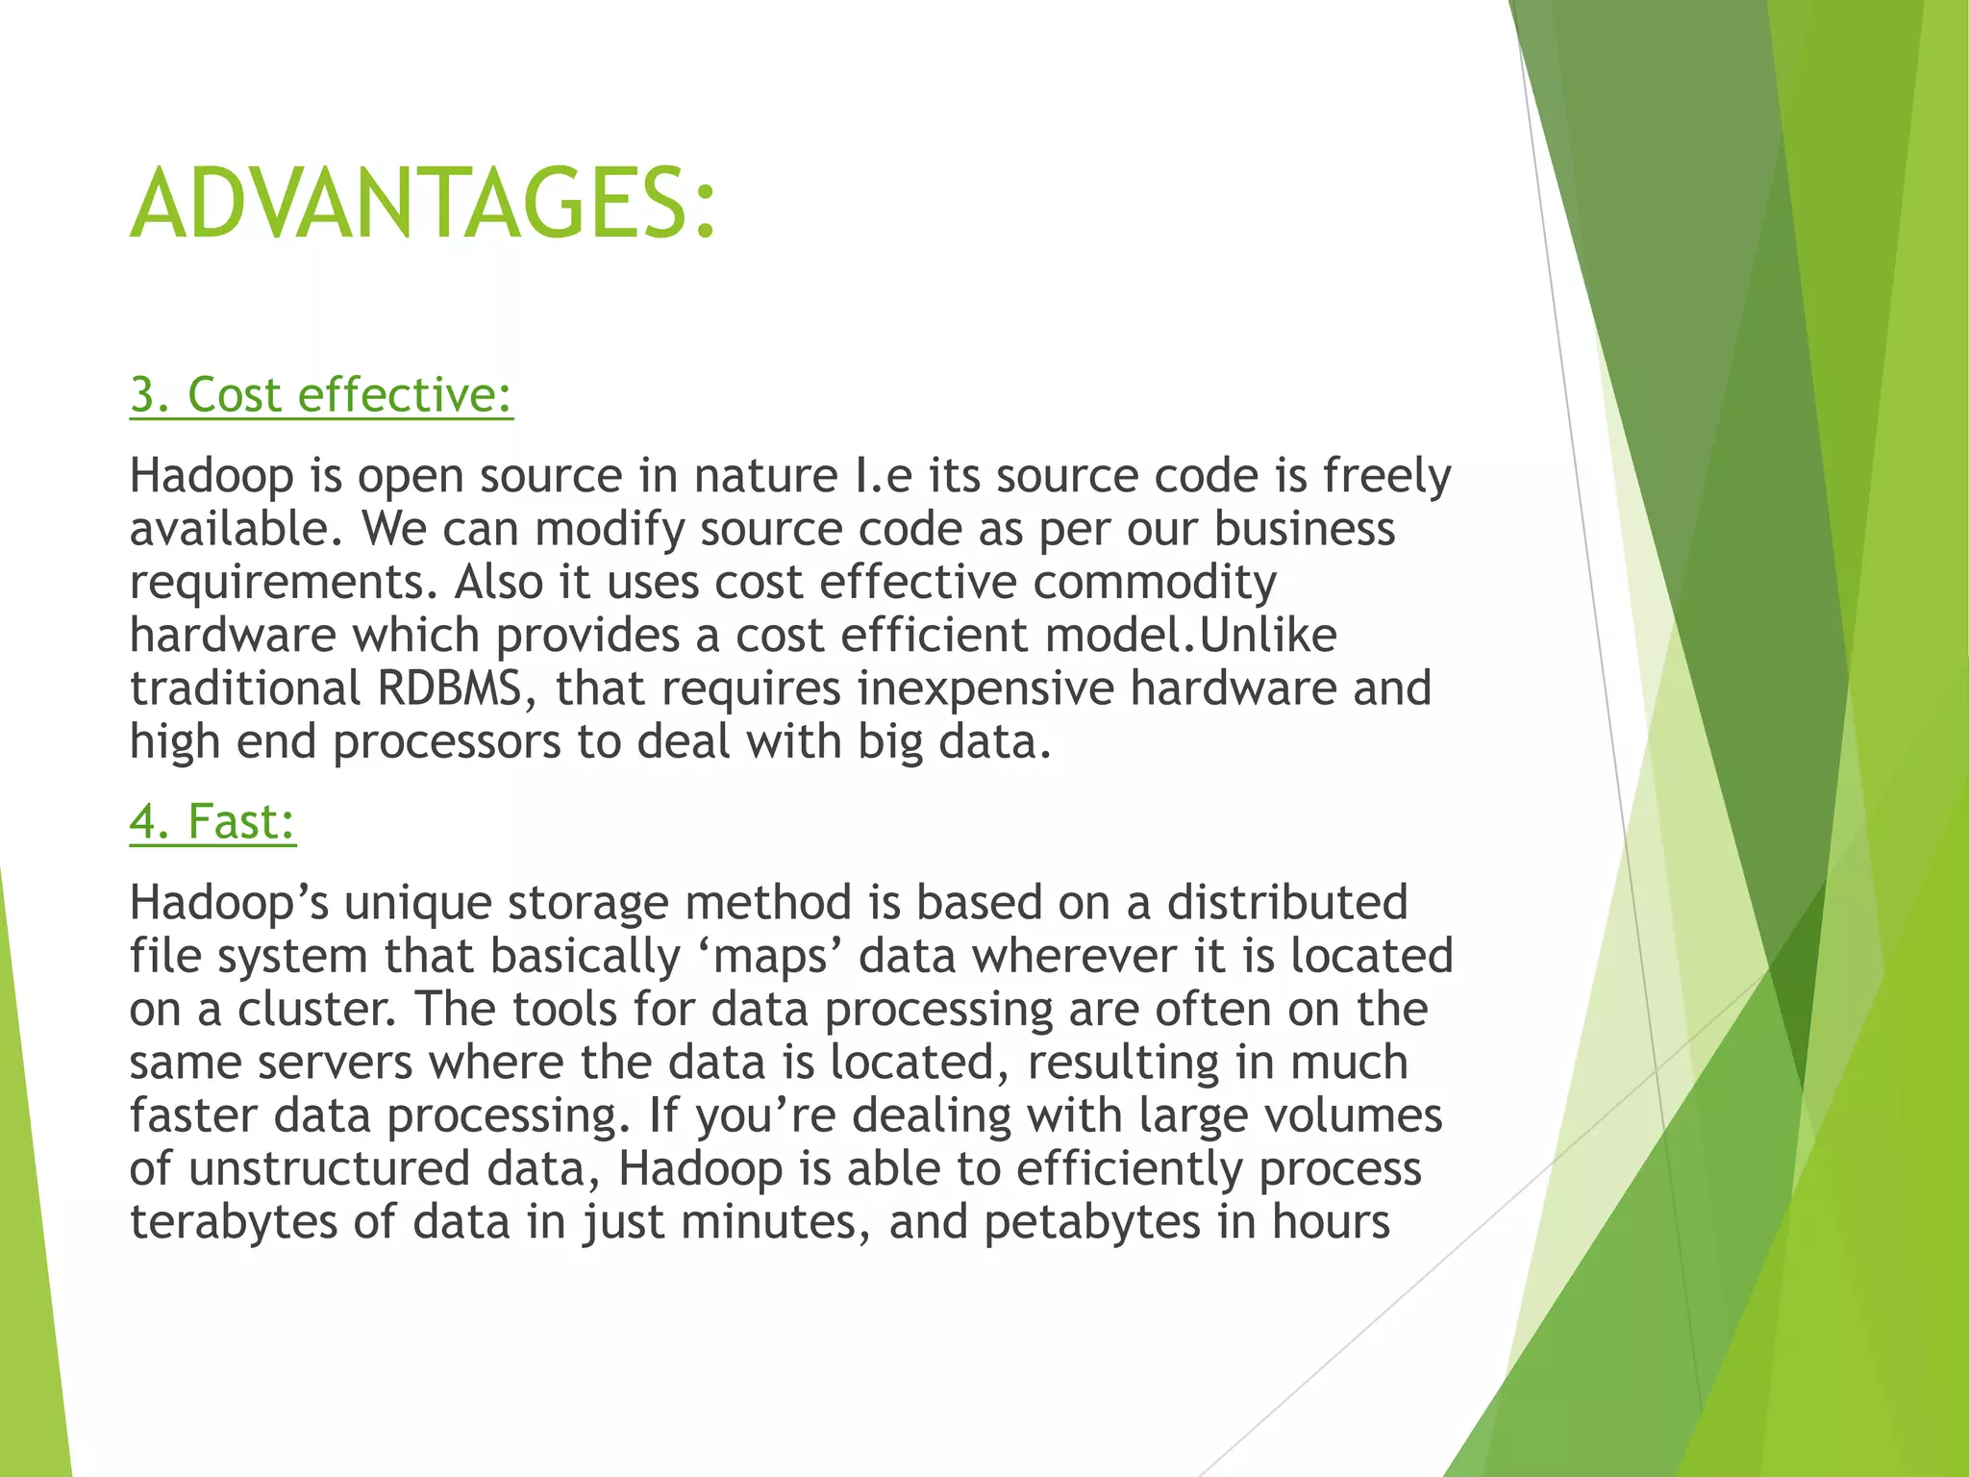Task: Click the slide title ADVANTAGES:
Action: click(423, 204)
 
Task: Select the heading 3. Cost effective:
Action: click(321, 395)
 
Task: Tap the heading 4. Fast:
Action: click(212, 822)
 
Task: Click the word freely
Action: click(1385, 476)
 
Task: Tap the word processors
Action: click(446, 742)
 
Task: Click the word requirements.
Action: click(284, 583)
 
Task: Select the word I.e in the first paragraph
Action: click(883, 476)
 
